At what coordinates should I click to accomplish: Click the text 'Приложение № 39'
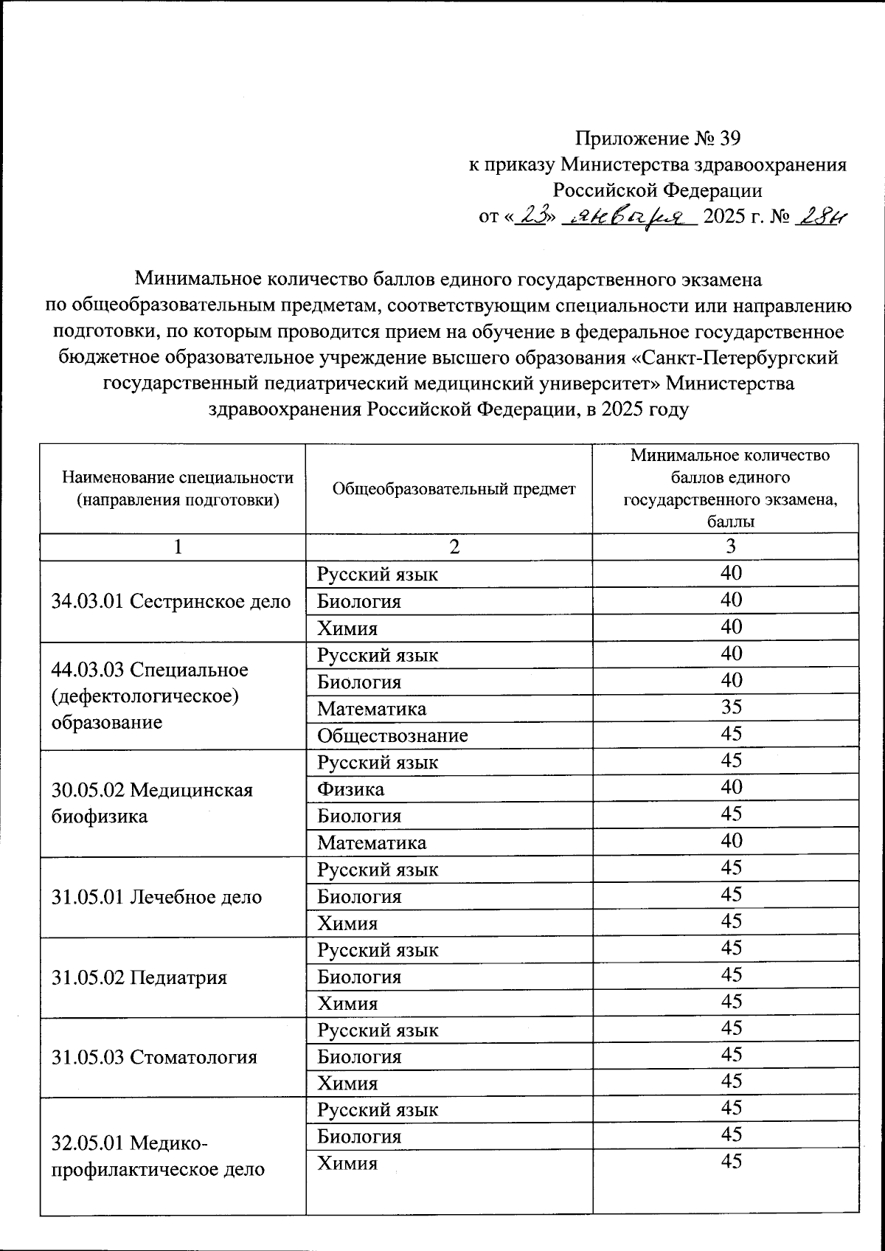point(657,138)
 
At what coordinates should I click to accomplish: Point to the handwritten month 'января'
point(629,217)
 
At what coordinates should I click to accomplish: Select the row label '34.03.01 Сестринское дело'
point(171,601)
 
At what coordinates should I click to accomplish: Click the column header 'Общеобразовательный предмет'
point(454,488)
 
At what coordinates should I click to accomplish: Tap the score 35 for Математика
point(731,707)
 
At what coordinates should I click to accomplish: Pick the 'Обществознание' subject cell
point(392,735)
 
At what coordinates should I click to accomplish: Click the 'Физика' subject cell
point(350,789)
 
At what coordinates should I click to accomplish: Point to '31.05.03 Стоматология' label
point(154,1057)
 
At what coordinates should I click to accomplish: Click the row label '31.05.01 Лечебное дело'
point(157,897)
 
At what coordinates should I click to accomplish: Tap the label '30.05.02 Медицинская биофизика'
point(152,803)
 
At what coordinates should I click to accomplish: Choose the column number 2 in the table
point(454,546)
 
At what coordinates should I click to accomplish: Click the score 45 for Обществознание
point(731,734)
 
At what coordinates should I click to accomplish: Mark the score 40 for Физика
point(731,787)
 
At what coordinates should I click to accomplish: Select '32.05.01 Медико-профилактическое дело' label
point(158,1156)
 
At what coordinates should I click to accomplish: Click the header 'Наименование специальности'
point(178,477)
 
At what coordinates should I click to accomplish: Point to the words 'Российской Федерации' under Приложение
point(657,190)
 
